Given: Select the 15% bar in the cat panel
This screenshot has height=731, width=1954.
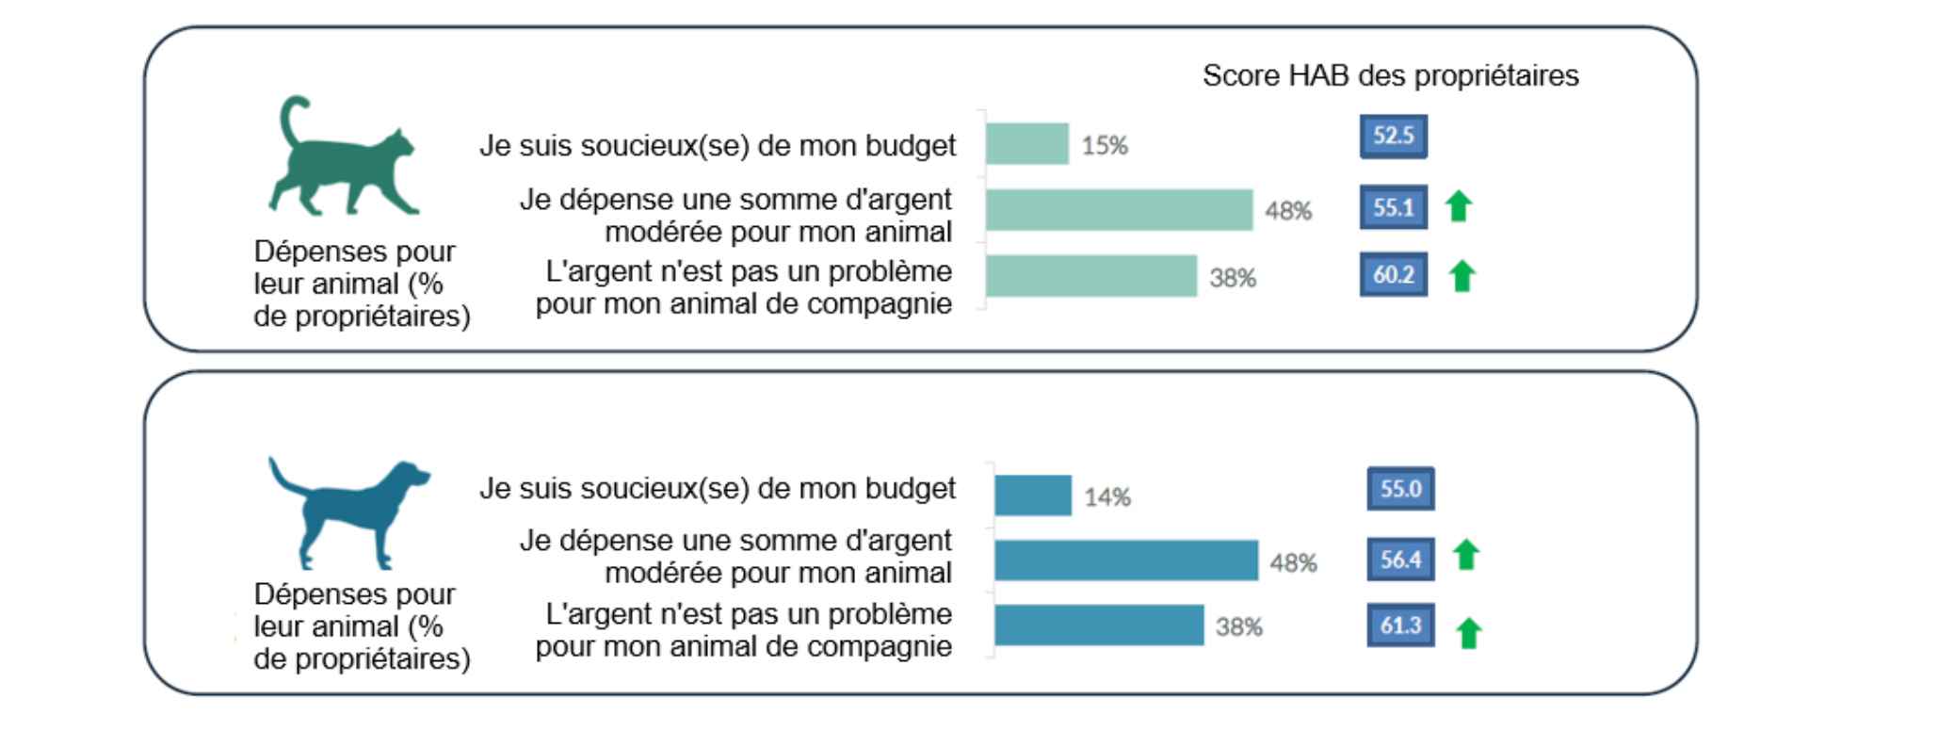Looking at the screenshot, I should click(1027, 144).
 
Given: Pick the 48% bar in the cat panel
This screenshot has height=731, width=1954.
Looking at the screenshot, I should click(1119, 209).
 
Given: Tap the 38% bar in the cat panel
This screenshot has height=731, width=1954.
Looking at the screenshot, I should click(1091, 276).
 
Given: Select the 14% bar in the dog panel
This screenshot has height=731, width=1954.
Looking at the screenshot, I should click(1033, 495).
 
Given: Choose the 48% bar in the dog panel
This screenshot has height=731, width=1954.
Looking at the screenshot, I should click(1126, 560).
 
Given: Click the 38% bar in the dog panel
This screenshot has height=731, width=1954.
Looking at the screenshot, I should click(1099, 625).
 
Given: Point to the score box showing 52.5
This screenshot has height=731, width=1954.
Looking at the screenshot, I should click(1393, 136).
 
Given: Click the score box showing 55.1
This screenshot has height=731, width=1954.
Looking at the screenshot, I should click(1393, 207).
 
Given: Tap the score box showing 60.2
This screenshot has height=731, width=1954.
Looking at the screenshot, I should click(1393, 274).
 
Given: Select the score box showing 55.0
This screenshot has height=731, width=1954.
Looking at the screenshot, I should click(1400, 489).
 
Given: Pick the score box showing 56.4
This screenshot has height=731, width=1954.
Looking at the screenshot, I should click(1400, 560).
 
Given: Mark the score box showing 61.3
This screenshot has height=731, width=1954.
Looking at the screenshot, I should click(1400, 625).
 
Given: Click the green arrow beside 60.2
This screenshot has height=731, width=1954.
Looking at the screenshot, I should click(1461, 276).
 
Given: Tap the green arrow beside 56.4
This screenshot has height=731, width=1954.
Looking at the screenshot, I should click(1465, 555).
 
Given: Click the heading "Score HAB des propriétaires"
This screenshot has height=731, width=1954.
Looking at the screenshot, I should click(1390, 75).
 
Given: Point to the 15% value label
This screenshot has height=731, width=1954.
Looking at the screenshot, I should click(1105, 146).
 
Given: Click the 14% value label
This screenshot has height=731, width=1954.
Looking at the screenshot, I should click(1107, 497).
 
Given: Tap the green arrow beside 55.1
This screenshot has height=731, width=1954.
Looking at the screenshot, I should click(1459, 205).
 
